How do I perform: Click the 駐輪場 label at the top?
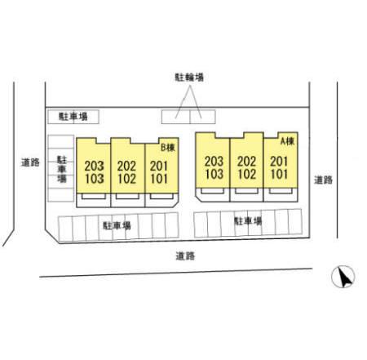(x=189, y=77)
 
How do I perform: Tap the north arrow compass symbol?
(x=343, y=276)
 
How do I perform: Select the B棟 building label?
(x=168, y=147)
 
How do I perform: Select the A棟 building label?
(x=287, y=141)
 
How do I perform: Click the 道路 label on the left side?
(x=30, y=162)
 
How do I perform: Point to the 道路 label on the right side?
(x=323, y=180)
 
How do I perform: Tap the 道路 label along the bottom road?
(x=185, y=256)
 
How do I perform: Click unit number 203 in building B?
(x=94, y=166)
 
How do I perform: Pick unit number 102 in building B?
(x=127, y=179)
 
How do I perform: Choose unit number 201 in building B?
(x=159, y=166)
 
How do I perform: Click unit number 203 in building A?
(x=214, y=161)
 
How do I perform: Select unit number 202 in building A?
(x=246, y=162)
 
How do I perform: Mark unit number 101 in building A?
(x=279, y=174)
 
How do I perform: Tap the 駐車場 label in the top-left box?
(x=73, y=117)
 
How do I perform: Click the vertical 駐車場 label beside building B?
(x=62, y=169)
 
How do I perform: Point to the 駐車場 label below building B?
(x=117, y=225)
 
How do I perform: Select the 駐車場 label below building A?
(x=248, y=221)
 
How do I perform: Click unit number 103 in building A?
(x=214, y=174)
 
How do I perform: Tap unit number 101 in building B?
(x=159, y=179)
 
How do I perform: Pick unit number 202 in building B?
(x=126, y=166)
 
